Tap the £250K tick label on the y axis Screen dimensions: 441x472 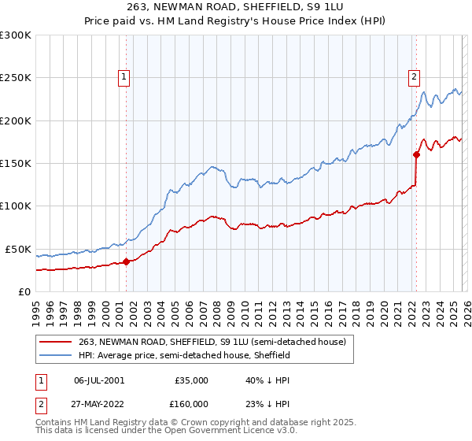(x=16, y=78)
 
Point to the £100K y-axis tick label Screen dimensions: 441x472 (x=16, y=206)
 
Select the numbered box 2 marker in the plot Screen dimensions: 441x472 (x=414, y=76)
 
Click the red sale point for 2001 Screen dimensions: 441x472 (x=126, y=261)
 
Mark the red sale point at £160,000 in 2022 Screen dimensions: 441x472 (x=416, y=154)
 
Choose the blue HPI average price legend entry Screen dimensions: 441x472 (x=184, y=355)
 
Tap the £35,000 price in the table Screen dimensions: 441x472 (x=192, y=380)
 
